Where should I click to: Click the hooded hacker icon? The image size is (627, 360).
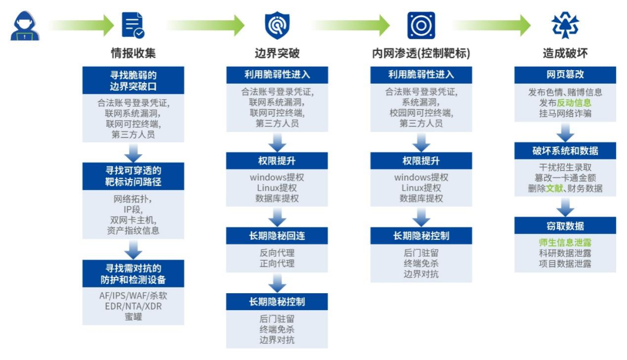coord(24,26)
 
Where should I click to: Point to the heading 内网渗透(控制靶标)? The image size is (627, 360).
coord(421,53)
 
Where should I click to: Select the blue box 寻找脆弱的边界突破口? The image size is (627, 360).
coord(133,80)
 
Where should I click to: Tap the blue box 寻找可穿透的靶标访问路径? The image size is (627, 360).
coord(133,177)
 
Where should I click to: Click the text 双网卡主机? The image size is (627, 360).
coord(134,220)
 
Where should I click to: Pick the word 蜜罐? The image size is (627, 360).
coord(133,316)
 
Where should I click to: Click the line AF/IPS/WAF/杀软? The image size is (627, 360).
coord(133,296)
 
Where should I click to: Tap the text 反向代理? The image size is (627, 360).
coord(277,253)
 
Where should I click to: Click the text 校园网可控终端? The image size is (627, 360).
coord(421,113)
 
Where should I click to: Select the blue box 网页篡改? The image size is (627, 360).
coord(565,75)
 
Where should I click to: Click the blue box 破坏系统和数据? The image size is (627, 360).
coord(565,151)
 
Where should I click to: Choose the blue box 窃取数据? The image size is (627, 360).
coord(565,226)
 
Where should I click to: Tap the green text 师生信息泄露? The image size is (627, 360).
coord(565,243)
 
